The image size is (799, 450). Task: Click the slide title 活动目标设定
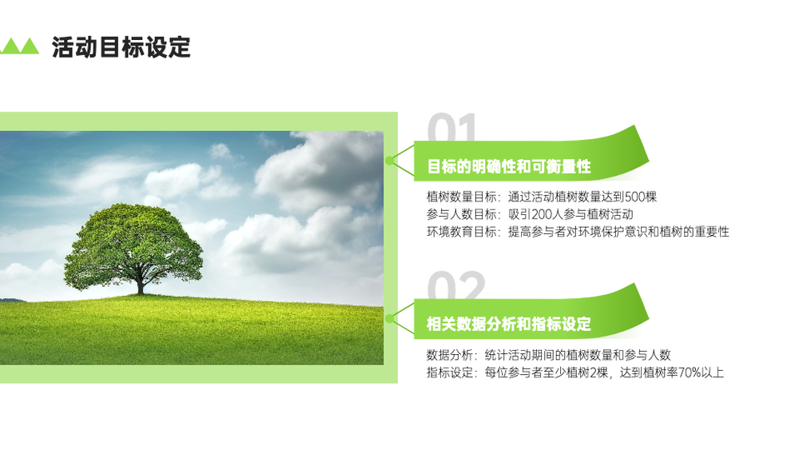tap(121, 47)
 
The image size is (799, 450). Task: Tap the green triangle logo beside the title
tap(19, 46)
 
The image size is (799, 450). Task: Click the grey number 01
tap(452, 127)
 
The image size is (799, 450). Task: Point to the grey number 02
tap(456, 285)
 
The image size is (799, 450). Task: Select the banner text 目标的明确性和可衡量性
tap(508, 166)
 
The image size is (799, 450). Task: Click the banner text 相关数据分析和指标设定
tap(508, 325)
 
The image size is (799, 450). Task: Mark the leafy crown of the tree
tap(133, 245)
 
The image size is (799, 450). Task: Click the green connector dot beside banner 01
tap(390, 161)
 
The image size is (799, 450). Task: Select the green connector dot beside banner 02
tap(390, 318)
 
